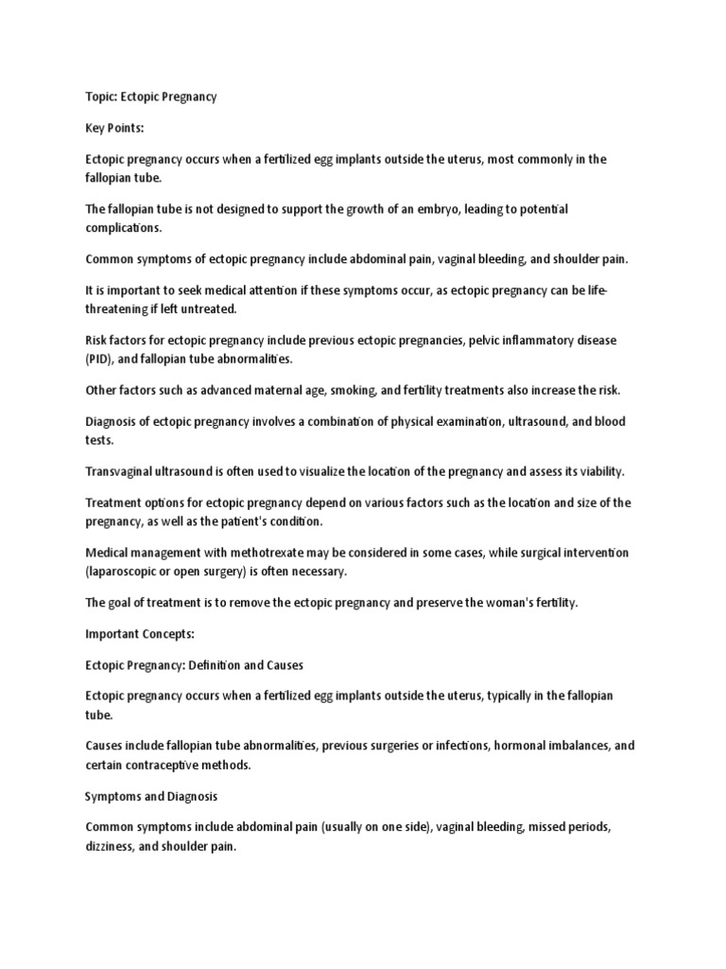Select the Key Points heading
[115, 129]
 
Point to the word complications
[125, 227]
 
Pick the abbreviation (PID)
[100, 359]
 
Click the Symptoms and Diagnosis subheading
[151, 796]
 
